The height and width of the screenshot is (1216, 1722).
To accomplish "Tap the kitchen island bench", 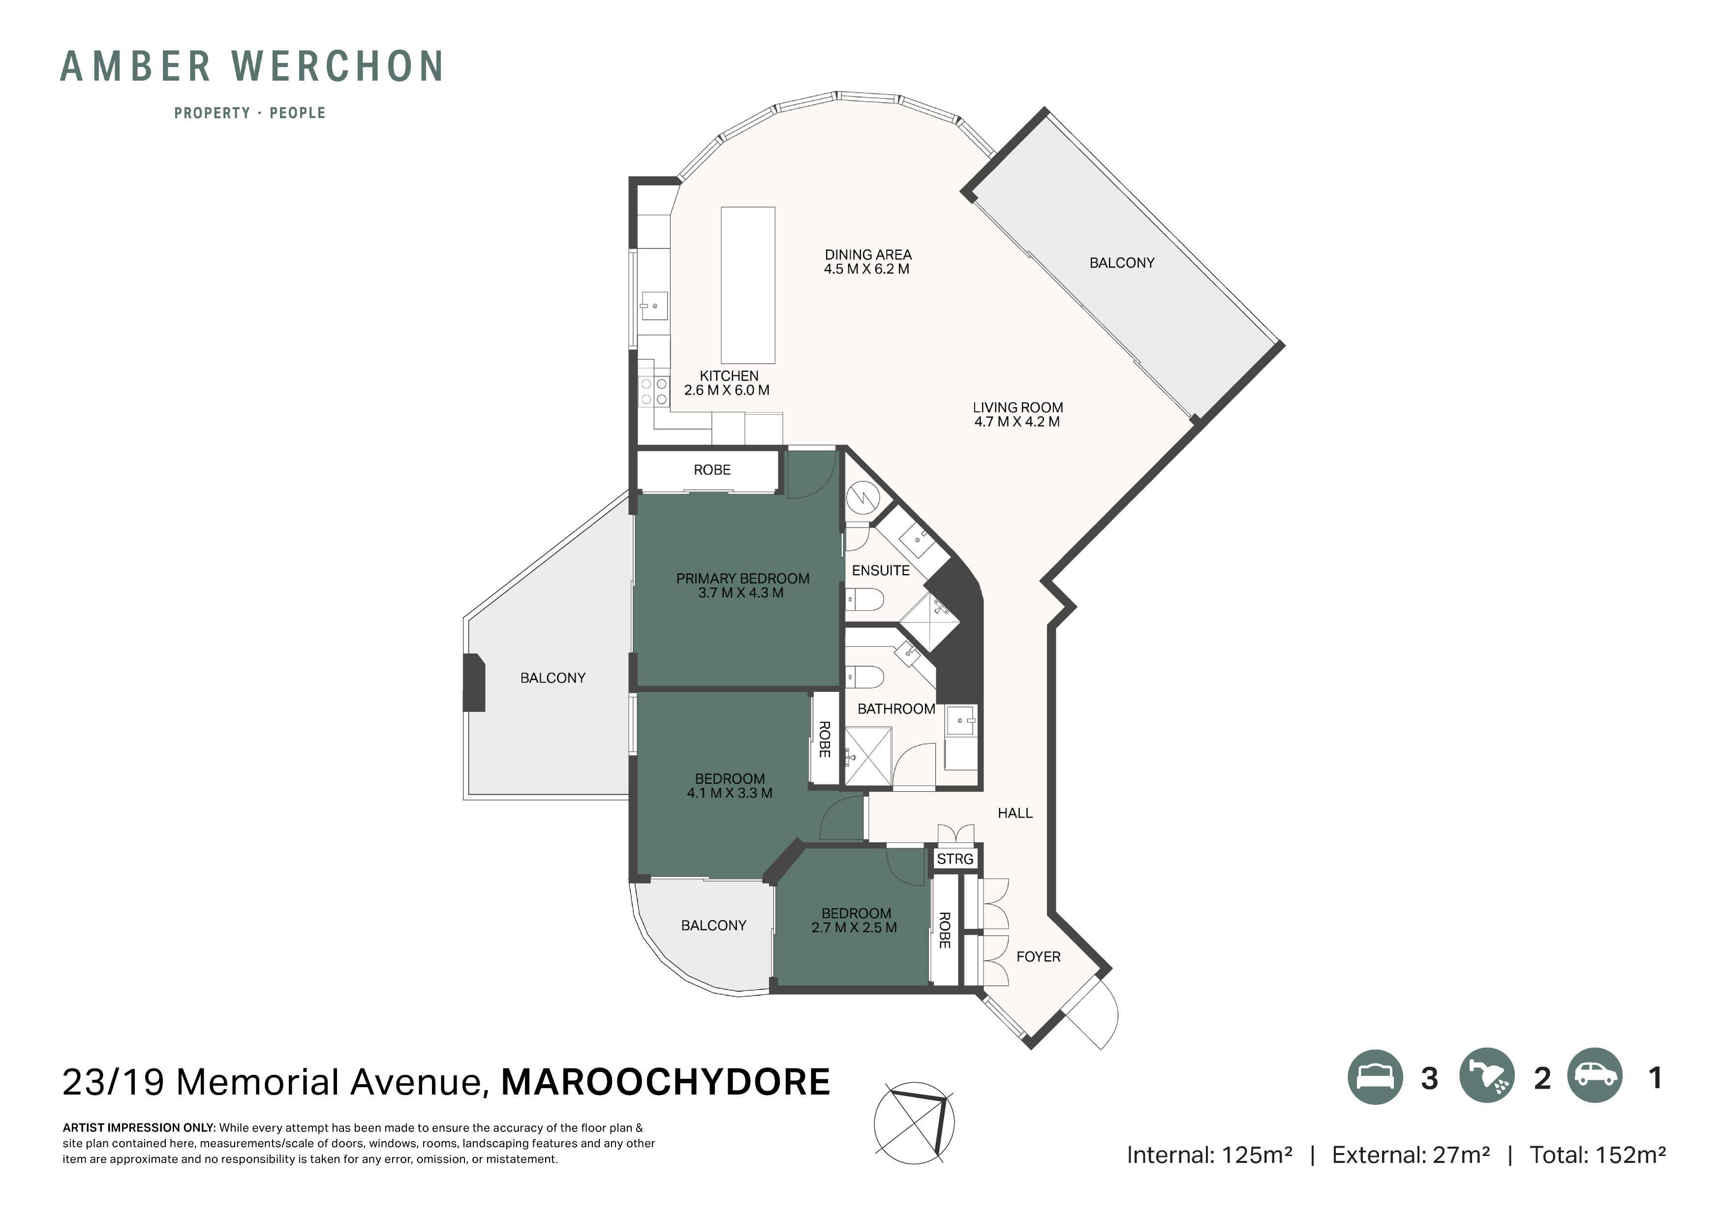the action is [x=748, y=286].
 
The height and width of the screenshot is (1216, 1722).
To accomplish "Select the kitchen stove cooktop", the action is [x=654, y=391].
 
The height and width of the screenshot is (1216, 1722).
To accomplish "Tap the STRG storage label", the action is [x=955, y=859].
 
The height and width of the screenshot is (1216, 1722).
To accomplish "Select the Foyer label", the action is [x=1038, y=956].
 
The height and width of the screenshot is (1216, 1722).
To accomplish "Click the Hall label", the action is [x=1015, y=813].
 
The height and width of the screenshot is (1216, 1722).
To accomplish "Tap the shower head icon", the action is [x=1486, y=1076].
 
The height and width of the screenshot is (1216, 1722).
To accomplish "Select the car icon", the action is [x=1595, y=1076].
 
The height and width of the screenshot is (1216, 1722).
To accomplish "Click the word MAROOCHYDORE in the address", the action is [x=665, y=1082].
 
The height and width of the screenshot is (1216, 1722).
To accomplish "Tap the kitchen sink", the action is [x=654, y=306].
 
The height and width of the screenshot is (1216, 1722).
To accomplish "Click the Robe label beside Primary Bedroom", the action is [x=712, y=470].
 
